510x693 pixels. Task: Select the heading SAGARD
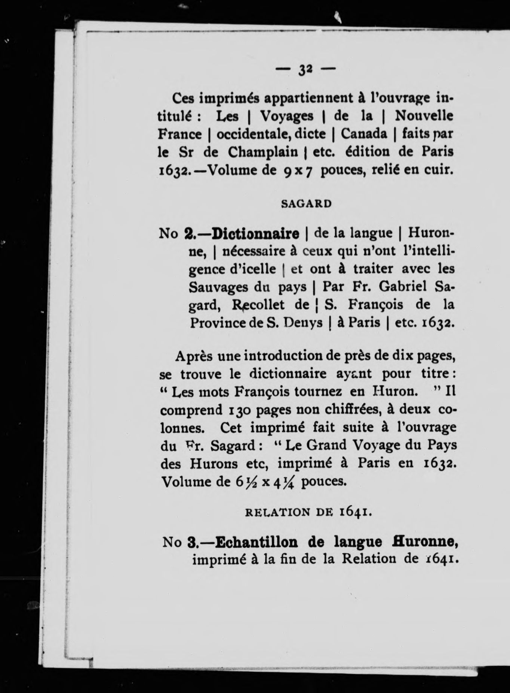point(306,204)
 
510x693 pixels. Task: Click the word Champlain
point(263,152)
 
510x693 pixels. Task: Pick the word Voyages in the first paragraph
point(287,116)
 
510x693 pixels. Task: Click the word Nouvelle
point(424,116)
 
